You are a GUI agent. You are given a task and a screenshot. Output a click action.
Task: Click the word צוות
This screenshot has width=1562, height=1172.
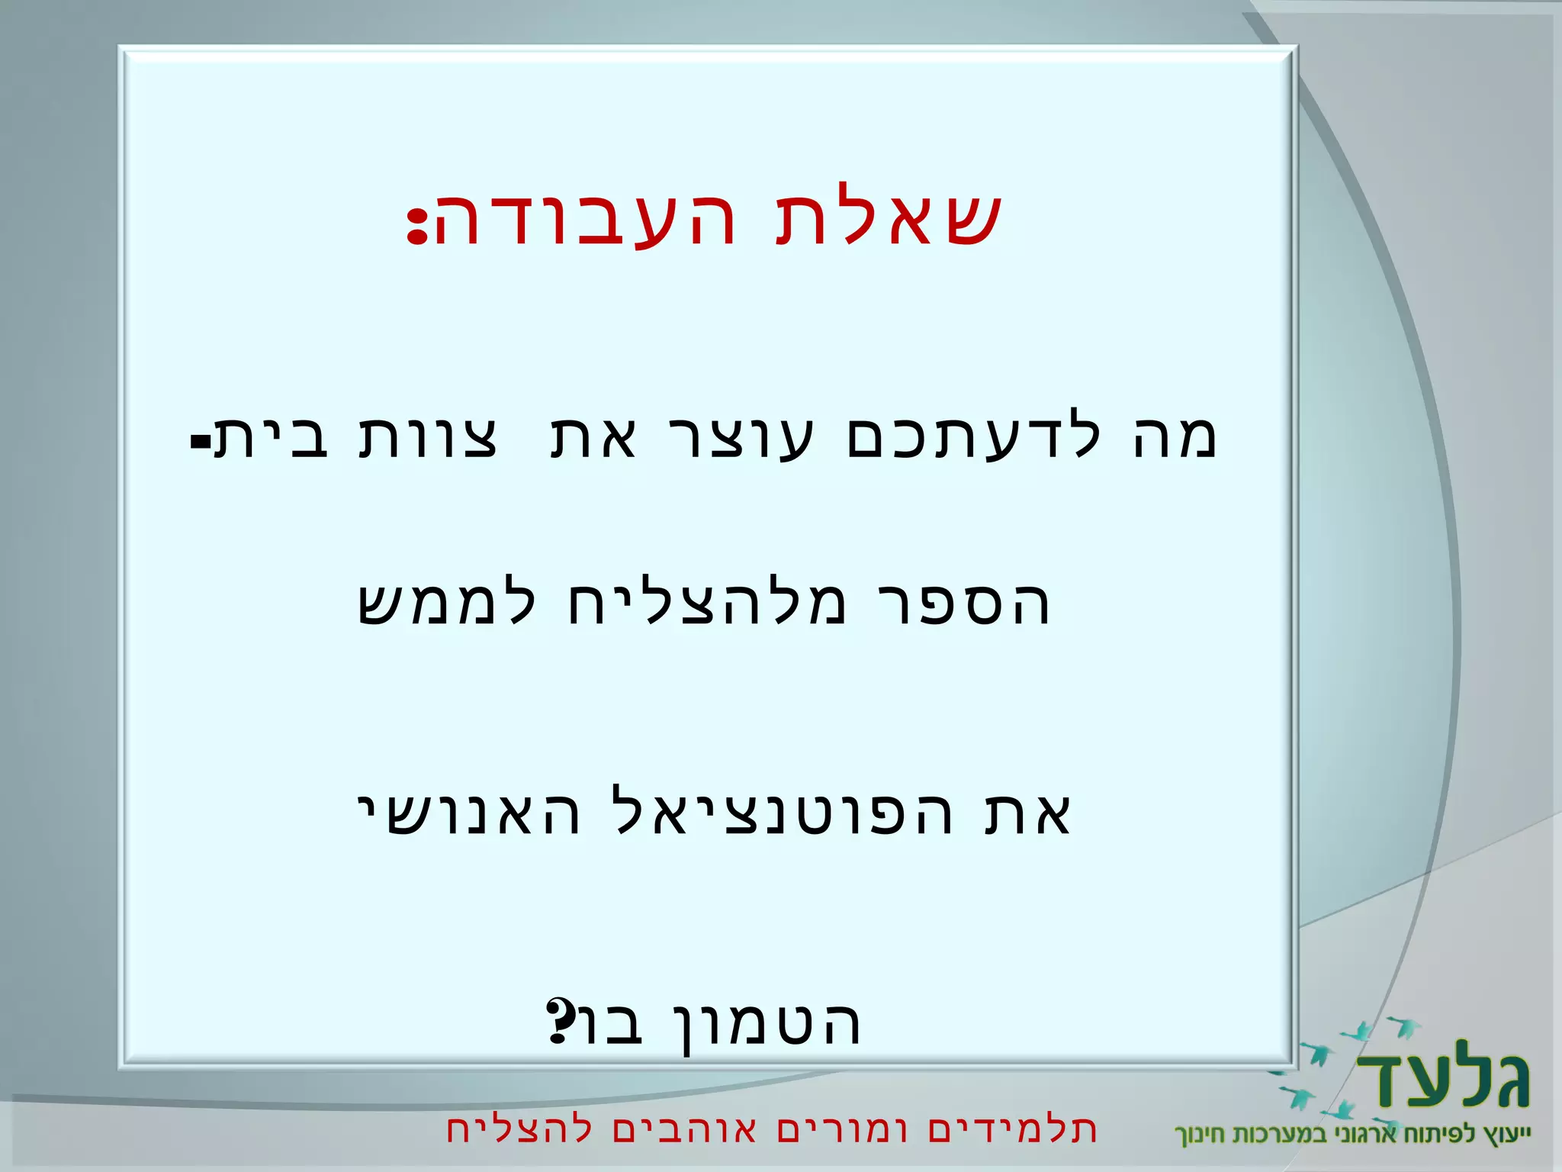[428, 439]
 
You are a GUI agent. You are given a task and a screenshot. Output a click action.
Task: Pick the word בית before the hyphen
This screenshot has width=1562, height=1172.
[272, 439]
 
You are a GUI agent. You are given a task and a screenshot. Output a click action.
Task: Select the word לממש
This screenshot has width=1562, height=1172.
[447, 603]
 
